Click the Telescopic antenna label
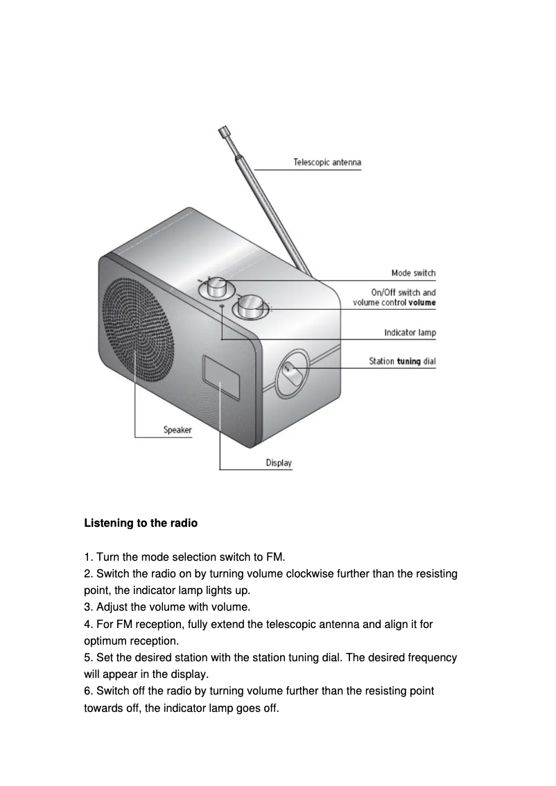coord(327,163)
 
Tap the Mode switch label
coord(413,273)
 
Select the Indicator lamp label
coord(410,333)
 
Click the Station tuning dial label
coord(402,361)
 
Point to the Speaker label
coord(177,430)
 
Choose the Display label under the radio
coord(279,463)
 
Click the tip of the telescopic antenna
coord(223,130)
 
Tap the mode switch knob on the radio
coord(214,287)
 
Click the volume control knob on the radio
coord(250,306)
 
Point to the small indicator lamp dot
coord(222,306)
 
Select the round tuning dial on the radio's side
coord(293,374)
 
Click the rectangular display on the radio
coord(222,378)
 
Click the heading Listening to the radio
coord(141,523)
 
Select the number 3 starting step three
coord(87,607)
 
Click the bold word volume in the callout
coord(422,302)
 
